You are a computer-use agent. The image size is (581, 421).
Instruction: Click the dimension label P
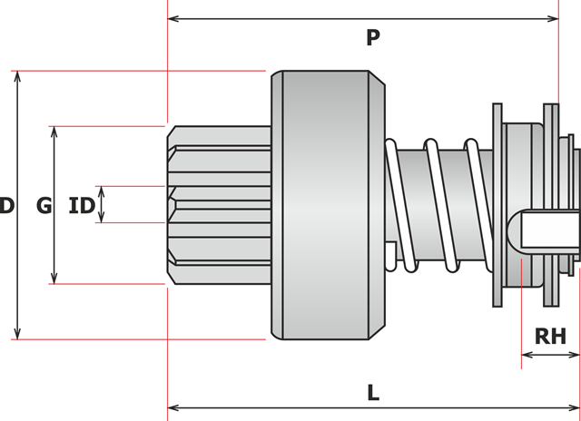(372, 38)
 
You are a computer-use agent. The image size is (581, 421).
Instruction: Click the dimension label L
(372, 393)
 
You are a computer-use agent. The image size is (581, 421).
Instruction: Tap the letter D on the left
(6, 206)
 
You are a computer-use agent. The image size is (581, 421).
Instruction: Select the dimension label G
(44, 206)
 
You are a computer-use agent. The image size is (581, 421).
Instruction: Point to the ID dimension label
(82, 206)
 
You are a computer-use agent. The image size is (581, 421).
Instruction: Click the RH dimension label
(550, 337)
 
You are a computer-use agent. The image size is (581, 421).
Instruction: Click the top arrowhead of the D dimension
(17, 76)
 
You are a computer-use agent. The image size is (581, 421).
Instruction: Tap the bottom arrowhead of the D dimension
(17, 333)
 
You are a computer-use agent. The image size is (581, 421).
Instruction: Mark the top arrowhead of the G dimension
(55, 132)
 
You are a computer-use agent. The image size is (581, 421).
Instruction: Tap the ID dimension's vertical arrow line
(102, 204)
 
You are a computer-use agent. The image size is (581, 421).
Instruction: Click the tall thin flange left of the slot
(496, 205)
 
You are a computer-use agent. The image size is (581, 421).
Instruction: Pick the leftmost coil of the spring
(398, 204)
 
